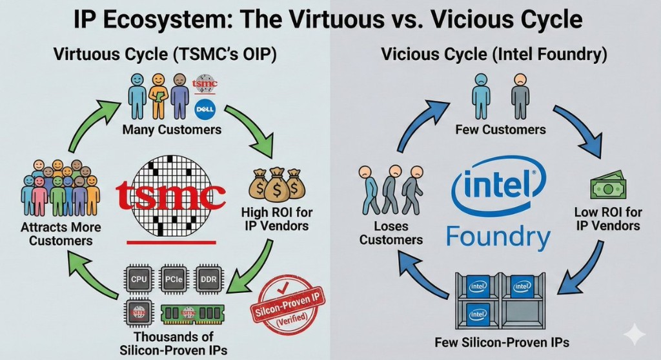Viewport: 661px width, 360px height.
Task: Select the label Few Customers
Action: (x=500, y=130)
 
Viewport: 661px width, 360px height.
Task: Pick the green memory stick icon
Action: (x=192, y=313)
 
